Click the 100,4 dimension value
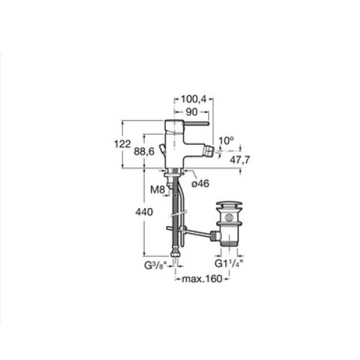[x=194, y=99]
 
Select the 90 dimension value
[x=192, y=112]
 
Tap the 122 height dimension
[x=122, y=144]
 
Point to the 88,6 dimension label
[x=144, y=151]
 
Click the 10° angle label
[x=226, y=141]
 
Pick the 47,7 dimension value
[x=240, y=160]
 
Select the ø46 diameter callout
[x=200, y=184]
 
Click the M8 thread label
[x=158, y=190]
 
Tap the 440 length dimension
[x=144, y=212]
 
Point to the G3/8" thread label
[x=156, y=266]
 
